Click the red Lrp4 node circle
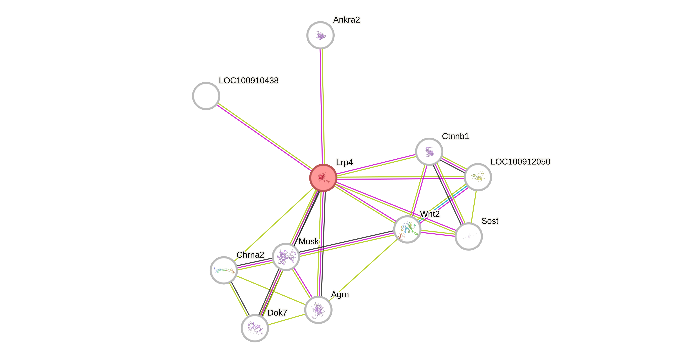[x=323, y=178]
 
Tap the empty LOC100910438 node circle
[x=206, y=96]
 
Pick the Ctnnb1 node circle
[x=429, y=152]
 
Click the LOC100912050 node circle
[x=477, y=177]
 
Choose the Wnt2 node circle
[x=407, y=229]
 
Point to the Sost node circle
[x=469, y=236]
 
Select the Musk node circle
[x=286, y=257]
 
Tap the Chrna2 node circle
[x=224, y=270]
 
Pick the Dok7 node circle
[x=255, y=328]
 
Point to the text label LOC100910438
[x=249, y=80]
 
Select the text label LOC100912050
[x=520, y=162]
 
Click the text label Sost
[x=490, y=221]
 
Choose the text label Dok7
[x=277, y=312]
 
